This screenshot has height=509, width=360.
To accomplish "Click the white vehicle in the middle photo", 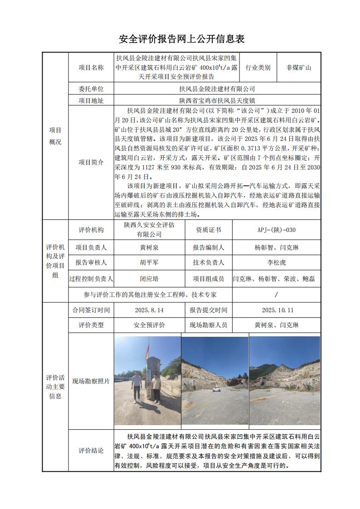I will pyautogui.click(x=218, y=389).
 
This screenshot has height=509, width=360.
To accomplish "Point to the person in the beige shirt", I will pyautogui.click(x=156, y=388).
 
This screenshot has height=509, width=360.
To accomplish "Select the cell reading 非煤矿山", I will pyautogui.click(x=298, y=68).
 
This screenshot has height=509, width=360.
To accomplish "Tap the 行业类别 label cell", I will pyautogui.click(x=258, y=68).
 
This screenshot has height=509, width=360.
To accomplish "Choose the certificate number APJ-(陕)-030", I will pyautogui.click(x=277, y=230).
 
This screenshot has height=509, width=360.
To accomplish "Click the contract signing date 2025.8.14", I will pyautogui.click(x=149, y=310).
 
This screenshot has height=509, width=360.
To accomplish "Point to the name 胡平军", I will pyautogui.click(x=149, y=262).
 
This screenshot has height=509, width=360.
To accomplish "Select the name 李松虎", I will pyautogui.click(x=277, y=262).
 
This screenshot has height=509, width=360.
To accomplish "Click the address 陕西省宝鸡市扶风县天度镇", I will pyautogui.click(x=217, y=101).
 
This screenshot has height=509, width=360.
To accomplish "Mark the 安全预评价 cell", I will pyautogui.click(x=149, y=325).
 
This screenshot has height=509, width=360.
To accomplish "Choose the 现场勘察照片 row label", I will pyautogui.click(x=91, y=381).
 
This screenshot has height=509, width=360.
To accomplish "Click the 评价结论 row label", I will pyautogui.click(x=91, y=451).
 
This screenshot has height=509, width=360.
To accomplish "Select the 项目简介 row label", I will pyautogui.click(x=91, y=162).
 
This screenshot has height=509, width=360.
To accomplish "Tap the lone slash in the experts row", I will pyautogui.click(x=277, y=295).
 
